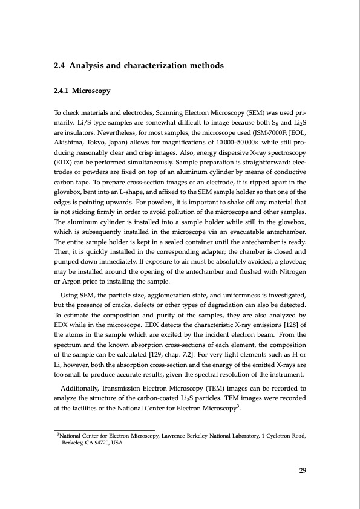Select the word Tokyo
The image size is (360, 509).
[x=99, y=143]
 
